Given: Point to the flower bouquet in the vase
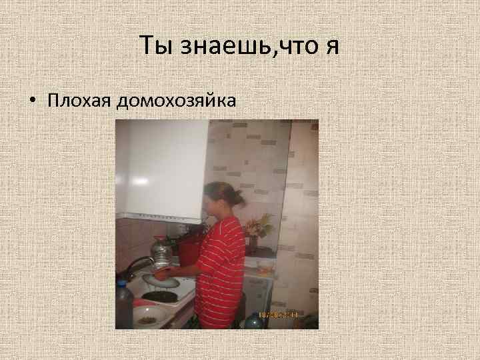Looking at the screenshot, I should pyautogui.click(x=258, y=227).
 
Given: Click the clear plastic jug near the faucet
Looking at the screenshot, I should pyautogui.click(x=162, y=253).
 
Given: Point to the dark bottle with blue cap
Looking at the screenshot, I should pyautogui.click(x=124, y=303).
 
